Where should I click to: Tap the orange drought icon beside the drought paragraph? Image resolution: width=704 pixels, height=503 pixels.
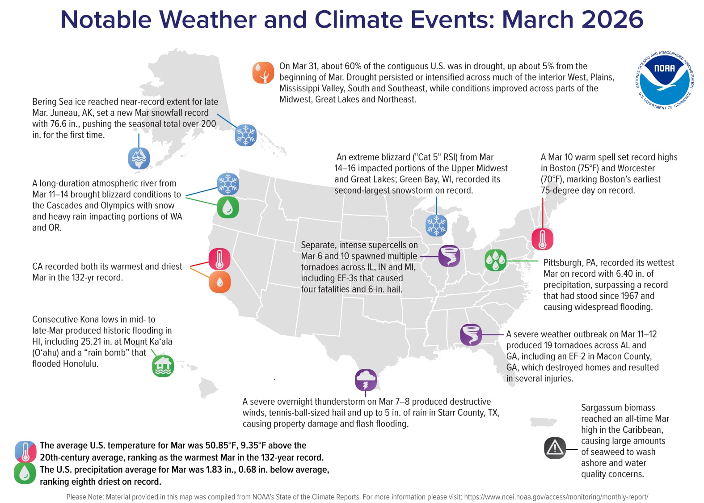point(263,73)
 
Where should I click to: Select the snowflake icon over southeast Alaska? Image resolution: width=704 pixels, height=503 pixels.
point(245,135)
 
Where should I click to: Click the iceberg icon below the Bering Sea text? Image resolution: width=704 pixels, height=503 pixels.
point(139,158)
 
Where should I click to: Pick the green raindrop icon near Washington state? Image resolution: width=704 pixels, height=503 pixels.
point(228,207)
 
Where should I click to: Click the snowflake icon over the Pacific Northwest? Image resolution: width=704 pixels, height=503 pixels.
point(228,184)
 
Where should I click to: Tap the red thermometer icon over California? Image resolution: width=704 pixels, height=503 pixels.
point(219,259)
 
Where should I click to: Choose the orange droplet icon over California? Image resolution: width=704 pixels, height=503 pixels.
point(219,282)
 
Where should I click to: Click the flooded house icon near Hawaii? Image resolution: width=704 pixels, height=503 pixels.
point(163,366)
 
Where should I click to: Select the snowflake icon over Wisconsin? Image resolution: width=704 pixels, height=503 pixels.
point(436,225)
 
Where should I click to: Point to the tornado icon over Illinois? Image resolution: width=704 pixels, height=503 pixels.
point(449,256)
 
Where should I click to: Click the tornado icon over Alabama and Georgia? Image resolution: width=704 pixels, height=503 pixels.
point(471,334)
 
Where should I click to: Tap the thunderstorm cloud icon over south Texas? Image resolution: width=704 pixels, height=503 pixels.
point(366,380)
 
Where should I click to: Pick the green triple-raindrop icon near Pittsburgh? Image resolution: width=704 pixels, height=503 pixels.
point(495,260)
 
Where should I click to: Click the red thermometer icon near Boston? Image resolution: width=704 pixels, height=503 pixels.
point(542,239)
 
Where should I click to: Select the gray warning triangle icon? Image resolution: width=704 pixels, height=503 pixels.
point(555,448)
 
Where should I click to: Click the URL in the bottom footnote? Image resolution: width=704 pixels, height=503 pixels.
point(556,497)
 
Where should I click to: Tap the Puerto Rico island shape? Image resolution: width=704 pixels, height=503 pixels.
point(543,422)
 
